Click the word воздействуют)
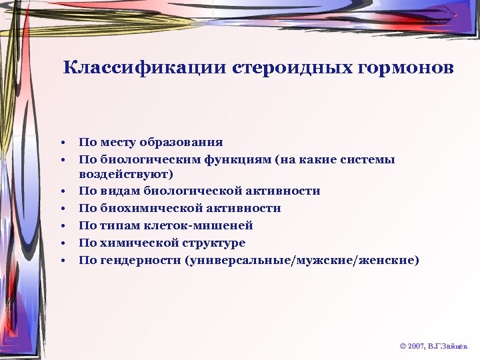click(x=126, y=175)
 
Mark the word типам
click(x=118, y=225)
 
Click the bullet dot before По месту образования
click(x=61, y=143)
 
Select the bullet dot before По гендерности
click(x=61, y=260)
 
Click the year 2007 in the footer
click(x=417, y=347)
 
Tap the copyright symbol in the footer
click(x=402, y=347)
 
